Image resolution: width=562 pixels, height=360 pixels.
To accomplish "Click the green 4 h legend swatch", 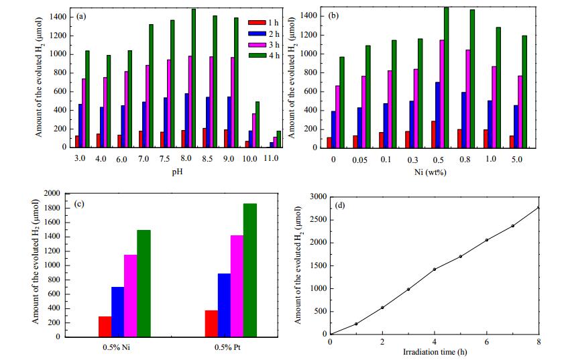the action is click(257, 56).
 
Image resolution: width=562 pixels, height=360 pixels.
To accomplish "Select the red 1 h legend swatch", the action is click(257, 23).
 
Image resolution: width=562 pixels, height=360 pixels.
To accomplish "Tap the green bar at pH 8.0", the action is click(194, 78).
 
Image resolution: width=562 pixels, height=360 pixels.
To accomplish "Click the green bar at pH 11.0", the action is click(278, 139).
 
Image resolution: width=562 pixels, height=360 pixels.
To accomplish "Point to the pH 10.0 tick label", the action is click(249, 159).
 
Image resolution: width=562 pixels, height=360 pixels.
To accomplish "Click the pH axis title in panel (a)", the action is click(178, 172).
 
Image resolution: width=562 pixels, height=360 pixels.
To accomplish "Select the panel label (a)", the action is click(81, 16).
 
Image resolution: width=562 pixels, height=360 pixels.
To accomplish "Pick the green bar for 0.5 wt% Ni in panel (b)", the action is click(446, 77).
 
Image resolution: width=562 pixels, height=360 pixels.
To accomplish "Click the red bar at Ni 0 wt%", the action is click(329, 143).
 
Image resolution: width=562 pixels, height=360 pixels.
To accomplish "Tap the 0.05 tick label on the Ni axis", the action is click(359, 160).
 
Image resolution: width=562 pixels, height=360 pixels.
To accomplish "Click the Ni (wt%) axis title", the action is click(431, 172).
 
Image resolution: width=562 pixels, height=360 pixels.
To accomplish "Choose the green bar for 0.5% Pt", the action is click(250, 270).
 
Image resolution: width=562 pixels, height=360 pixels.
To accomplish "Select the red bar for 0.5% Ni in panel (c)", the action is click(105, 326).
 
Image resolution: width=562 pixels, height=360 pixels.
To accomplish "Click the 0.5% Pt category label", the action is click(227, 347).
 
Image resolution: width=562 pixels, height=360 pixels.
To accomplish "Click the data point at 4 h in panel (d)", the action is click(435, 269).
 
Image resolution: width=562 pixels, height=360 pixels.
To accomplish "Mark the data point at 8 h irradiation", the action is click(539, 207).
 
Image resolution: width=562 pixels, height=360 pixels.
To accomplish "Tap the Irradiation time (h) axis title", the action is click(435, 352).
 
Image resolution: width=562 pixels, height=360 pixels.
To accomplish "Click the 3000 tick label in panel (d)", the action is click(319, 197).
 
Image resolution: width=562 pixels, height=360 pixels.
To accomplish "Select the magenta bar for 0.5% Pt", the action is click(237, 286).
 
